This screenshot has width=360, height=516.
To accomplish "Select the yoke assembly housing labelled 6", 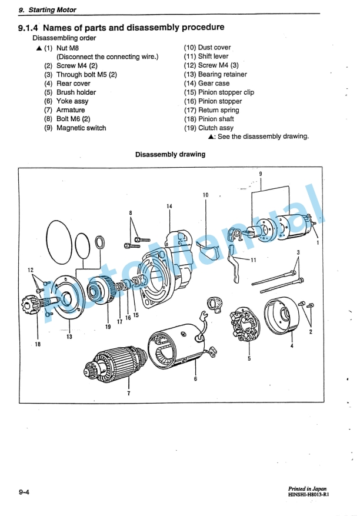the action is point(179,345).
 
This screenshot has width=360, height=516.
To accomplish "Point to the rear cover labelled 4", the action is point(282,316).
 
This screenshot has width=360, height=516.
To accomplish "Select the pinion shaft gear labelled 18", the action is point(35,306).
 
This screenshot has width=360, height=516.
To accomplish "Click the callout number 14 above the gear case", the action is point(169,207).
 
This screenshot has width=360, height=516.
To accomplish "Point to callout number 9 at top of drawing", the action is point(261,174).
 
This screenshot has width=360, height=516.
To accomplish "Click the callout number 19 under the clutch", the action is point(108,327).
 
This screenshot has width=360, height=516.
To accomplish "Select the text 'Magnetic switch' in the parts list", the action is point(81,128).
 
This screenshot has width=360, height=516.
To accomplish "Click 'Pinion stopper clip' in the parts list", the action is point(226,92).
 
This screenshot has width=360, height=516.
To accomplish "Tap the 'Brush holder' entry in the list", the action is point(76,92).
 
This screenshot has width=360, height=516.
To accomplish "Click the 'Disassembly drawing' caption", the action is point(170,154).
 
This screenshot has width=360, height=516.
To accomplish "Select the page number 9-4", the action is point(24,492).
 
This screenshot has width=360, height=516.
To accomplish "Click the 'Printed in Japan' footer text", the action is point(307,489).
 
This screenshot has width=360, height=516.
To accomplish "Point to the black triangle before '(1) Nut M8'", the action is point(39,48).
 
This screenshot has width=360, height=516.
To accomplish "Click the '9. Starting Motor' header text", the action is point(48,10).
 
